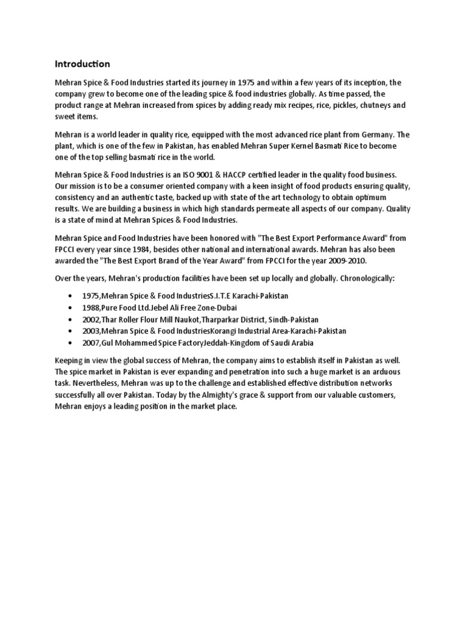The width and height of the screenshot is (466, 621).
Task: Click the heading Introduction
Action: pos(83,64)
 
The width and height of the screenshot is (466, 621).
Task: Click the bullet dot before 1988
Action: pos(73,307)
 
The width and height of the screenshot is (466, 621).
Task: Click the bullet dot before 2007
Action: pos(73,343)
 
